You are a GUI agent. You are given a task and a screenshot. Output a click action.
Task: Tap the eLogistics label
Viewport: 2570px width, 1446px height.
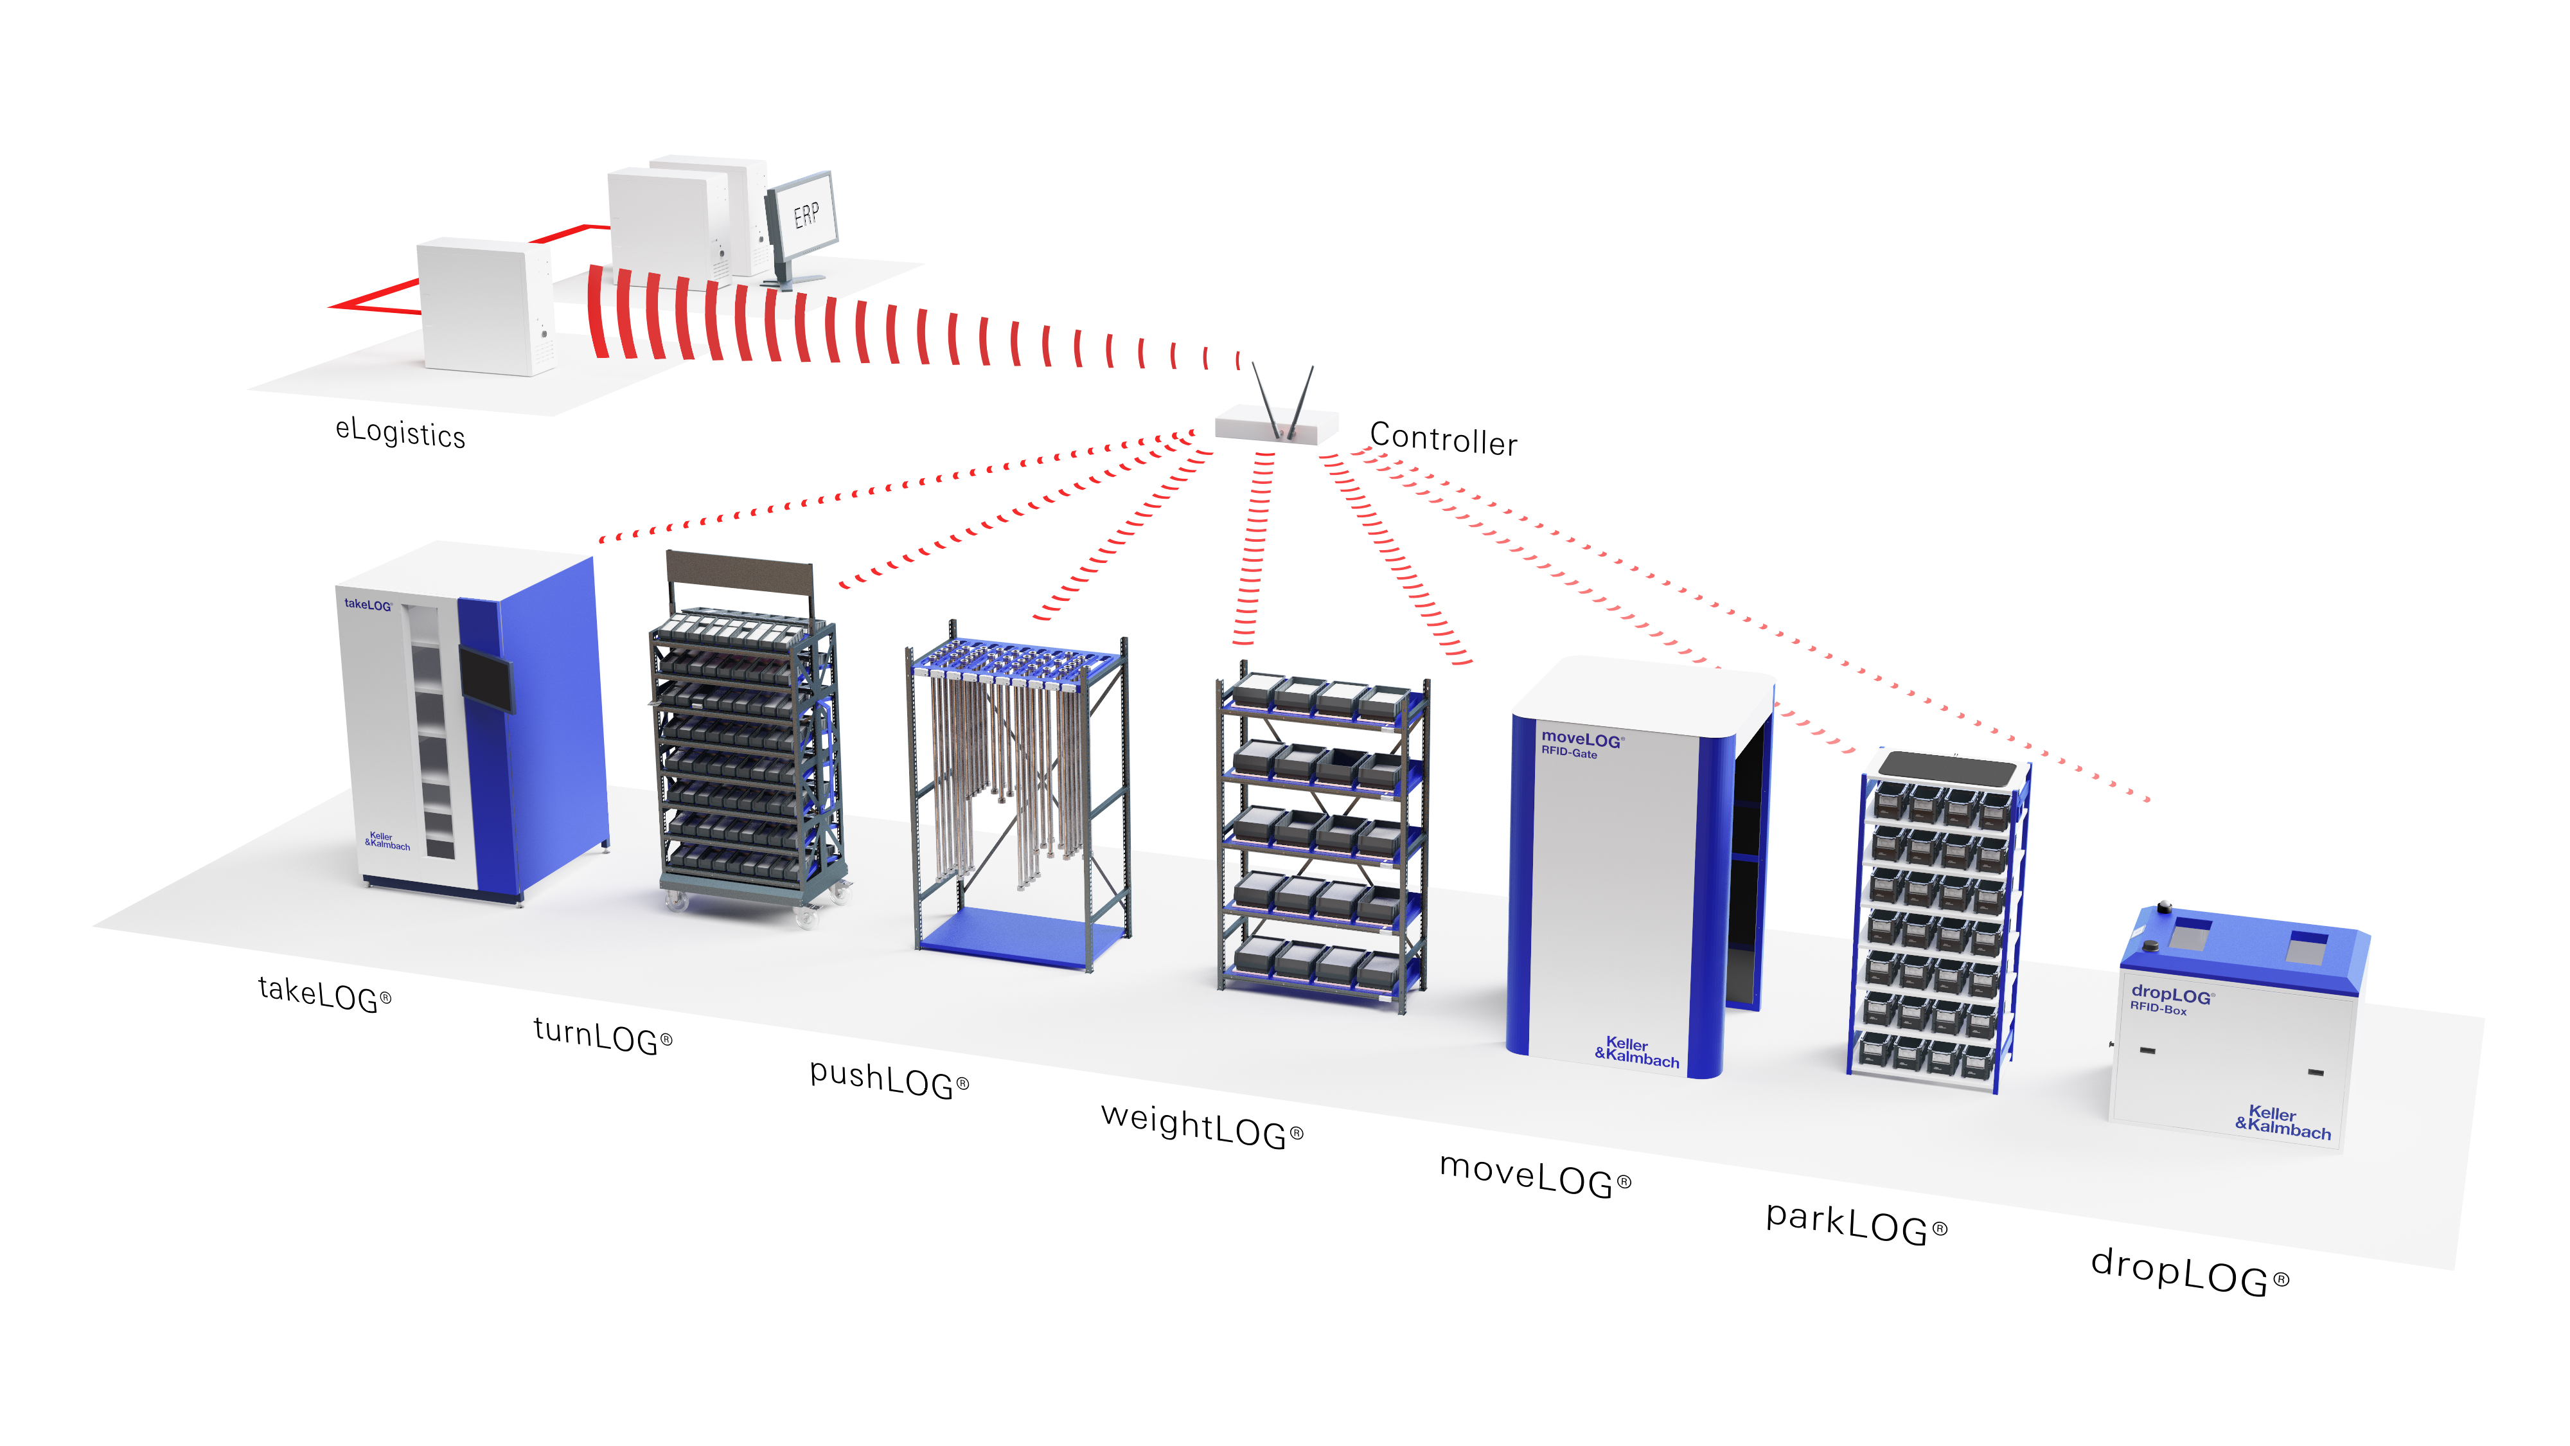point(400,433)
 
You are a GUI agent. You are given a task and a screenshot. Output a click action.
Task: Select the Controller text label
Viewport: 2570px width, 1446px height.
point(1444,439)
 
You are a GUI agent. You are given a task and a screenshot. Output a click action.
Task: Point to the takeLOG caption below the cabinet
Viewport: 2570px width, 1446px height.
point(325,994)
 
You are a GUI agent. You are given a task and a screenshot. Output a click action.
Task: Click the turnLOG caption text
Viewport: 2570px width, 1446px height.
point(603,1035)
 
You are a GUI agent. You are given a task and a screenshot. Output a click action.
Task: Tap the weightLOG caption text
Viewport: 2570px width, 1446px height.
point(1202,1126)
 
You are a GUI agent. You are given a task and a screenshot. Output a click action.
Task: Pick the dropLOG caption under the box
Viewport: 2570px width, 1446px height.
point(2190,1271)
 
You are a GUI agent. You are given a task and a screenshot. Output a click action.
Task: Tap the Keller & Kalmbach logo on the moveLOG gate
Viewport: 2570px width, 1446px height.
point(1636,1052)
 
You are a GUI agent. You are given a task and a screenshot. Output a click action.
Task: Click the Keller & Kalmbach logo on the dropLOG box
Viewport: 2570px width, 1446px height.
point(2283,1123)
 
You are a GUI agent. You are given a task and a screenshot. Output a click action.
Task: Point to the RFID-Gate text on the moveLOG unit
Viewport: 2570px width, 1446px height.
point(1570,753)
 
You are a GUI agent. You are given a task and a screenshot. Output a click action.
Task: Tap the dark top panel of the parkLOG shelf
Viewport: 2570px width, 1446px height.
point(1947,769)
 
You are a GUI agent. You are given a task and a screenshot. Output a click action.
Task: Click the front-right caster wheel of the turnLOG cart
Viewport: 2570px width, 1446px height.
point(805,915)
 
